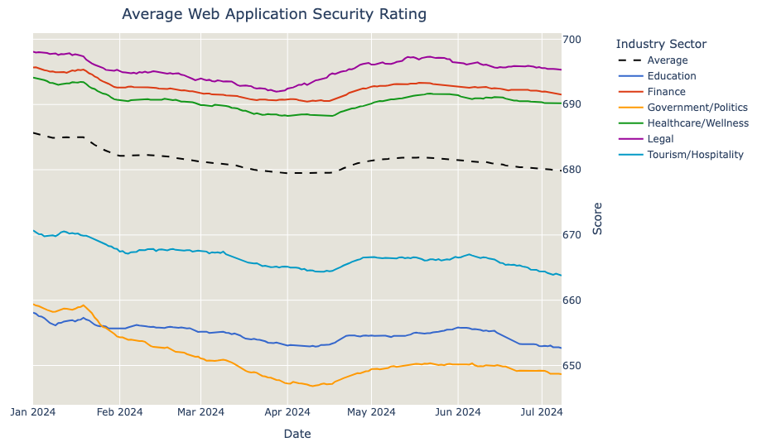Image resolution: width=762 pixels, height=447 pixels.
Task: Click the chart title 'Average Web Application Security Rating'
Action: [274, 14]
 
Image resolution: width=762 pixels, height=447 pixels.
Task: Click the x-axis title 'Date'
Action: [297, 434]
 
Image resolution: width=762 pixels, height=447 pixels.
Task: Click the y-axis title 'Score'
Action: [597, 218]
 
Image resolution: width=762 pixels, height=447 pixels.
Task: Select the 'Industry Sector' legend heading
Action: [661, 44]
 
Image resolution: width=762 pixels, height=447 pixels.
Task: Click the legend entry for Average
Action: [668, 60]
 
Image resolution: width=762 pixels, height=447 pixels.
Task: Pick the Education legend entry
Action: [672, 76]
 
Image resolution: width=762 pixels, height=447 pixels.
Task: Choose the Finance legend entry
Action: [666, 92]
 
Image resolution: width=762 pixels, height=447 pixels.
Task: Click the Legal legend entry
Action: [661, 139]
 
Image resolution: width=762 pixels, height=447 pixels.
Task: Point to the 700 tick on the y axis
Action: [571, 40]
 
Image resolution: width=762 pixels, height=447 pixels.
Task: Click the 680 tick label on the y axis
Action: [571, 170]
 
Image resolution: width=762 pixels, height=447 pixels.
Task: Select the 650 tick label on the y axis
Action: [571, 366]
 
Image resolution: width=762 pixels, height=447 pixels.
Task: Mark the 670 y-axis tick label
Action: [571, 235]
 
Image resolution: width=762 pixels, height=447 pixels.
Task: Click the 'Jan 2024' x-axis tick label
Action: [33, 412]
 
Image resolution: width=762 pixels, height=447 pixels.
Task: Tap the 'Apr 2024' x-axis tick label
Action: [287, 412]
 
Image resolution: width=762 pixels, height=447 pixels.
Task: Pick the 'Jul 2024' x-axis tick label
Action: [542, 412]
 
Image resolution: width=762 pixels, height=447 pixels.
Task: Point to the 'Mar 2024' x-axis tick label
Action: [200, 412]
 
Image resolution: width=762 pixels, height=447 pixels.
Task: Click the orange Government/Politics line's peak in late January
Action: [83, 305]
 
